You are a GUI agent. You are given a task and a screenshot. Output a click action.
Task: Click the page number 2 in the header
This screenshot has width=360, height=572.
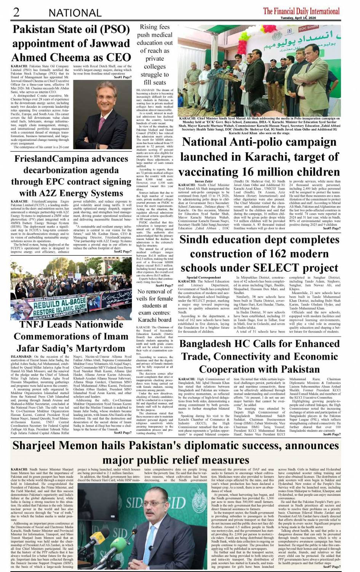pos(16,12)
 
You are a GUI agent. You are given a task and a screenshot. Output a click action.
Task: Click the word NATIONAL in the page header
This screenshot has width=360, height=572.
pos(75,13)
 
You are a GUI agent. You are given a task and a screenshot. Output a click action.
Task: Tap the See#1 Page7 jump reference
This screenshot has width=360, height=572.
pos(123,77)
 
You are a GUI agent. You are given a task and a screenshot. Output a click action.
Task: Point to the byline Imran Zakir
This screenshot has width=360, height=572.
pos(204,181)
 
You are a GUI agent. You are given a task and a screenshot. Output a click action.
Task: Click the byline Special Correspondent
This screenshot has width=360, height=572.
pos(203,278)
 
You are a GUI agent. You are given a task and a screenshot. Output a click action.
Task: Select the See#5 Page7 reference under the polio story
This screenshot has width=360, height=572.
pos(331,228)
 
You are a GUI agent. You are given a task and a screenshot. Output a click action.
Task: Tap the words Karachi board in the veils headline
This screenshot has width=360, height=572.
pos(155,320)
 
